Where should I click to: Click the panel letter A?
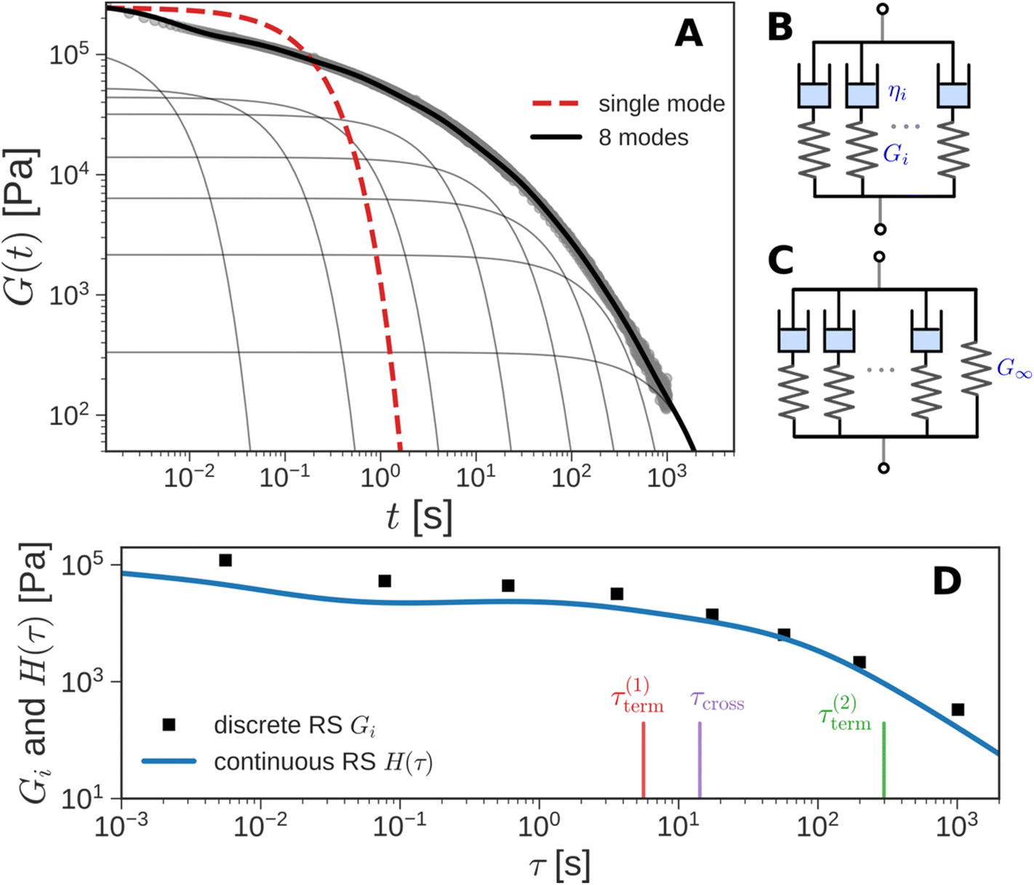[688, 33]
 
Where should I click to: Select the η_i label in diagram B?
[897, 92]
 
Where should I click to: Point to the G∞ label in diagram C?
[1014, 369]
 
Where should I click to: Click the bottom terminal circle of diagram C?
[883, 468]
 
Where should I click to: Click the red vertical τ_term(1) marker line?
[644, 760]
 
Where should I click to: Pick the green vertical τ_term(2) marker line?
[883, 760]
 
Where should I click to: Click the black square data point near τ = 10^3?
[958, 709]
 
